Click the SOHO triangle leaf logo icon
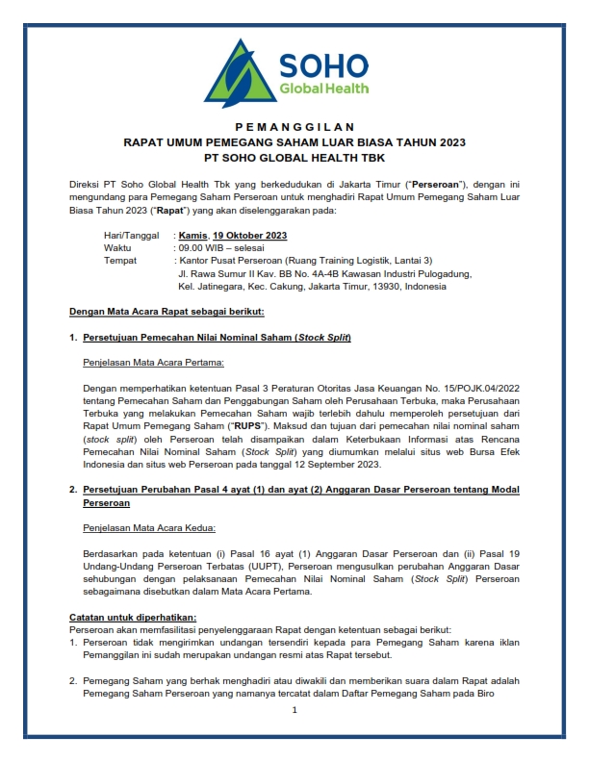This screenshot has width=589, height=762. [243, 75]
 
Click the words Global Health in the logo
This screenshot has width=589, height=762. [322, 89]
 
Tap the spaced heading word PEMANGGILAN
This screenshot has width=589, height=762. [294, 127]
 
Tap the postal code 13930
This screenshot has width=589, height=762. [385, 285]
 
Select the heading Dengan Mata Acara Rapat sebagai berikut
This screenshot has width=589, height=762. [166, 312]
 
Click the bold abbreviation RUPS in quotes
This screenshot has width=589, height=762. [242, 424]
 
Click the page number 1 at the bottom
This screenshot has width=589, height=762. [294, 710]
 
